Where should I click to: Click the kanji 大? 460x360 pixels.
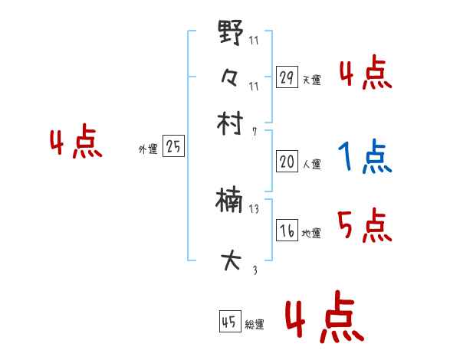pos(230,261)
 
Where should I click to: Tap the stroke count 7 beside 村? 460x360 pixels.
pos(254,131)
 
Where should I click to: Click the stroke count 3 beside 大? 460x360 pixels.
pos(254,269)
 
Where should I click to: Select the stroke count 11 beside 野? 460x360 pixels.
pos(254,40)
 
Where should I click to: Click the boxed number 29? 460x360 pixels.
pos(287,77)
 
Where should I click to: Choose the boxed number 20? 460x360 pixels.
pos(287,162)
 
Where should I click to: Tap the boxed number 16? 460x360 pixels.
pos(287,231)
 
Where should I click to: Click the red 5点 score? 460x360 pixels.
pos(364,227)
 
